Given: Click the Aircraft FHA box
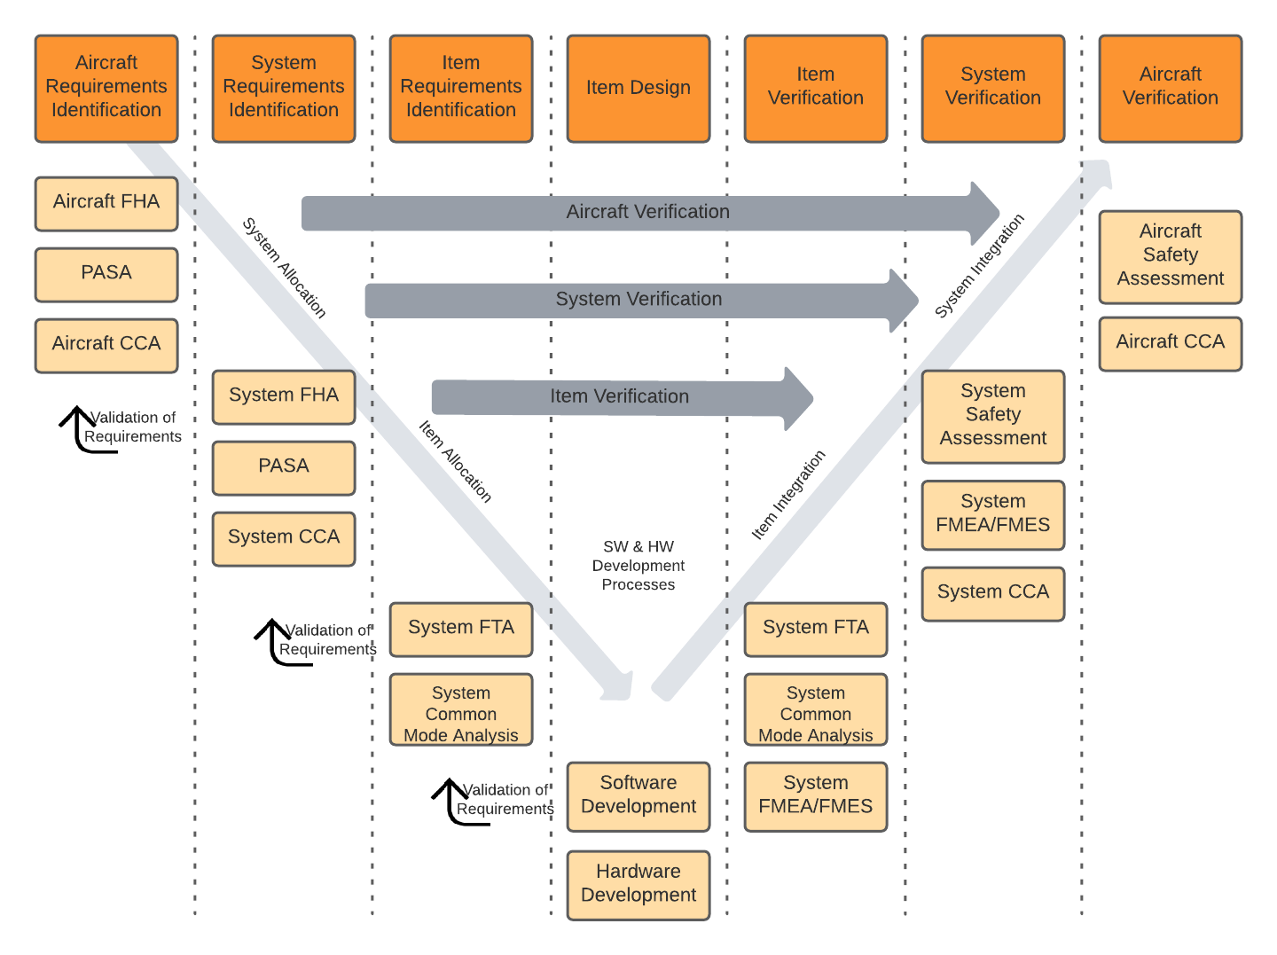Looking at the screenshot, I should (106, 203).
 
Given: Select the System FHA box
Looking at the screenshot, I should (284, 396).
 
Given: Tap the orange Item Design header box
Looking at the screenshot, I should (638, 88).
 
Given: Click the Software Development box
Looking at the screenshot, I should (638, 795).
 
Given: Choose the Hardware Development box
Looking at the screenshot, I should (638, 884).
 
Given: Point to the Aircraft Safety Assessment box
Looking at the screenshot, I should (1171, 255).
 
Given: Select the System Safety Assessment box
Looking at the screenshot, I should (993, 415).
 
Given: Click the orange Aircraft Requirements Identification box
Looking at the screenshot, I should (106, 88).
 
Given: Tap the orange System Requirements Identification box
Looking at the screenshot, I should (284, 88).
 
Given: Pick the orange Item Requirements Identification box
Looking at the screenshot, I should (461, 88).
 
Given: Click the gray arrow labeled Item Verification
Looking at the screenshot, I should (620, 397).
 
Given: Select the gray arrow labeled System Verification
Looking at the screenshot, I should (638, 300).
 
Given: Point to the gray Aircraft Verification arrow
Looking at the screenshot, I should (647, 212).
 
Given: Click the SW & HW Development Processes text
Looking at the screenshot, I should (638, 566).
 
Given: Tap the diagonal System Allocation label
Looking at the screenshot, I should (285, 267).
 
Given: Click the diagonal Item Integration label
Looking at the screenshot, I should (788, 495).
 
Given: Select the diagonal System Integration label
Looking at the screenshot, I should (979, 266).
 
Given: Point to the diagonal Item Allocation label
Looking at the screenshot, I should (455, 461).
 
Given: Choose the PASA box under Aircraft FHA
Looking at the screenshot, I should (106, 274).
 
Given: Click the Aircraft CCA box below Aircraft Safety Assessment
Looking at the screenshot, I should (1171, 343).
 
